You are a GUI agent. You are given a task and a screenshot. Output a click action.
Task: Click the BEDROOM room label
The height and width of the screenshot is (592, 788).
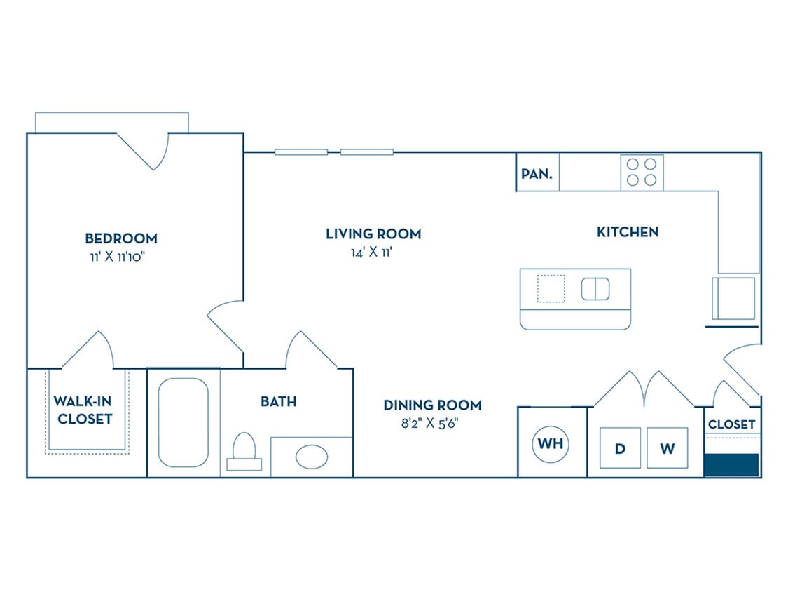tap(120, 238)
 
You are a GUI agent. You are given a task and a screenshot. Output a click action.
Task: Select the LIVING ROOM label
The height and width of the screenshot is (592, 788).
tap(373, 234)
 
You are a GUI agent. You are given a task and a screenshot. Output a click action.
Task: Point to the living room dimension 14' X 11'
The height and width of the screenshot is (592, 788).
tap(373, 253)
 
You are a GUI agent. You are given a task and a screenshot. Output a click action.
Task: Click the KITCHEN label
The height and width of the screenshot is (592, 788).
tap(627, 231)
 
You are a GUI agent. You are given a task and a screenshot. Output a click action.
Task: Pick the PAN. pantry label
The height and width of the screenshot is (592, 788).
tap(537, 173)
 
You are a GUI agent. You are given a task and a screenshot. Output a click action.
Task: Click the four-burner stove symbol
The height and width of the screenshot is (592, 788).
tap(642, 172)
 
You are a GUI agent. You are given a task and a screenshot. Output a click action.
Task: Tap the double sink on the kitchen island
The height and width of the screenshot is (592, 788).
tap(595, 288)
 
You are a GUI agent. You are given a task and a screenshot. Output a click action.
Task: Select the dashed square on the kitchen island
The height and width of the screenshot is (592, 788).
tap(551, 288)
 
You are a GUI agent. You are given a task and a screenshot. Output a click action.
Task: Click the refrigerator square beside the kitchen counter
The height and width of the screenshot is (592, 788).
tap(733, 298)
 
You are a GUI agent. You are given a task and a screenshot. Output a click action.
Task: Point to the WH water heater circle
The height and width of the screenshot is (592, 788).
tap(551, 443)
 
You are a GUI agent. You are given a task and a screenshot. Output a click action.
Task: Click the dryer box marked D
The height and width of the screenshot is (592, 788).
tap(620, 448)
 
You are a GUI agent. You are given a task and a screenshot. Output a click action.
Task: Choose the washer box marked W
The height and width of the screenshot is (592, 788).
tap(667, 448)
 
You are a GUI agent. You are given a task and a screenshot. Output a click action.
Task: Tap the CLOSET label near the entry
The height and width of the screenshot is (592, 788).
tap(731, 424)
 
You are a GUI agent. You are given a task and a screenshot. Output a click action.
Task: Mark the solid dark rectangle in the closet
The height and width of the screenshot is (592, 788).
tap(731, 464)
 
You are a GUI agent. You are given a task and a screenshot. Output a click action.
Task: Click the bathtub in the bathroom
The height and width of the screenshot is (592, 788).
tap(183, 423)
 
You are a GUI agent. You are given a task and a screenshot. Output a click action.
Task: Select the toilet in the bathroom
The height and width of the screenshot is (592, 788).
tap(244, 450)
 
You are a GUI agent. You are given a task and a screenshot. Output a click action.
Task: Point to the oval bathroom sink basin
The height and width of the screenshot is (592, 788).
tap(311, 457)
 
